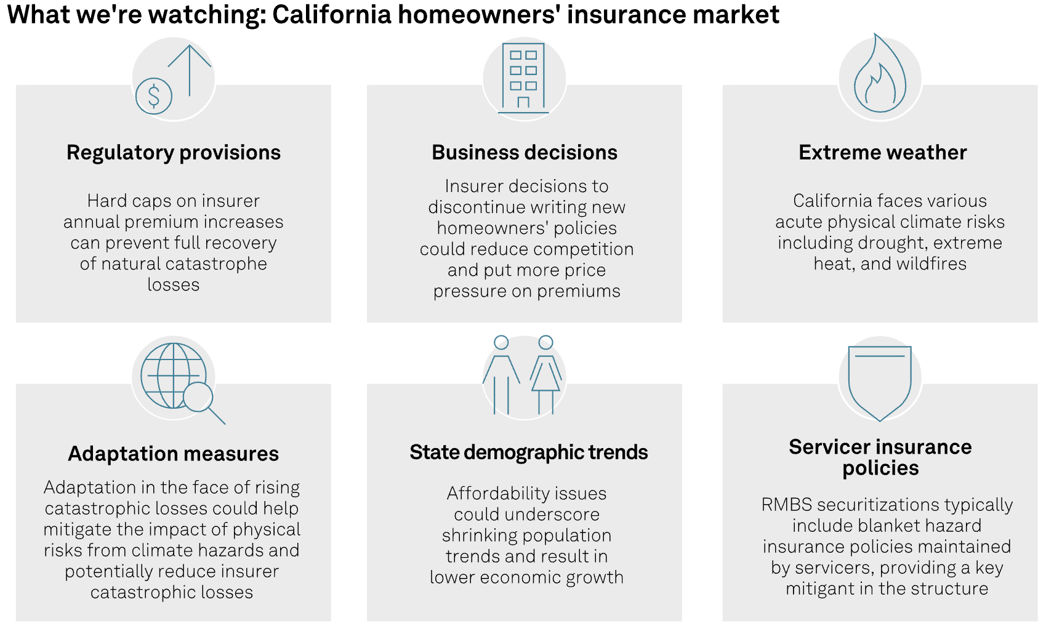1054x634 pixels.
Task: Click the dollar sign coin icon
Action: click(154, 96)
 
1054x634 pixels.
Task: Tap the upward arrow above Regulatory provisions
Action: click(190, 71)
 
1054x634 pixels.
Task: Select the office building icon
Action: click(523, 78)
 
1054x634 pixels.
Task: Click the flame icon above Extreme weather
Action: click(880, 73)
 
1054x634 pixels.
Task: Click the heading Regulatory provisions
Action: click(174, 153)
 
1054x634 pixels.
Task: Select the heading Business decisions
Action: click(525, 153)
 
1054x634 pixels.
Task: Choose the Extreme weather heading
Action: click(883, 153)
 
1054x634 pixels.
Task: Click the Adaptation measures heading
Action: click(174, 454)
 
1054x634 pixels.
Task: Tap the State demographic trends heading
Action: click(529, 452)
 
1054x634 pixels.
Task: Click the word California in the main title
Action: click(332, 14)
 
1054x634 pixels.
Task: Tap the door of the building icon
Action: click(523, 102)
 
